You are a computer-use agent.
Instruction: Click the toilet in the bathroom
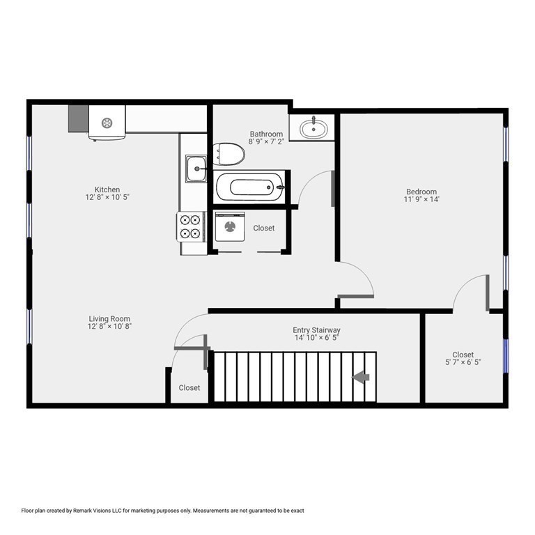pyautogui.click(x=230, y=154)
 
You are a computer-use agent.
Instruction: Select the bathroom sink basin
pyautogui.click(x=312, y=127)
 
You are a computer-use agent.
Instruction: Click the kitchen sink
pyautogui.click(x=196, y=169)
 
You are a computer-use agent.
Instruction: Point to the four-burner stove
pyautogui.click(x=191, y=226)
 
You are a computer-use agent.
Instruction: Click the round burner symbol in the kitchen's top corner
pyautogui.click(x=107, y=123)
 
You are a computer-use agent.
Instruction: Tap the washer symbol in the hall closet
pyautogui.click(x=228, y=227)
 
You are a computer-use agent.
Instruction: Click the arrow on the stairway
pyautogui.click(x=361, y=377)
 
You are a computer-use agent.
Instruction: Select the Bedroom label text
pyautogui.click(x=421, y=192)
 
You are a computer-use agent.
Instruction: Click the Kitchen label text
pyautogui.click(x=107, y=189)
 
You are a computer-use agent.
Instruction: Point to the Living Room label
pyautogui.click(x=109, y=319)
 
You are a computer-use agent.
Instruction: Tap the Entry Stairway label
pyautogui.click(x=316, y=330)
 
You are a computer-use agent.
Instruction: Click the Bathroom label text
pyautogui.click(x=266, y=134)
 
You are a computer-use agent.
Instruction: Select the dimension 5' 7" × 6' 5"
pyautogui.click(x=463, y=362)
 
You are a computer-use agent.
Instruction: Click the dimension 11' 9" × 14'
pyautogui.click(x=421, y=199)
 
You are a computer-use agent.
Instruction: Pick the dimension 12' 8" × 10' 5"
pyautogui.click(x=107, y=197)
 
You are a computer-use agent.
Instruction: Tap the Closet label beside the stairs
pyautogui.click(x=189, y=388)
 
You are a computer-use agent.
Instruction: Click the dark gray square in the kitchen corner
pyautogui.click(x=78, y=118)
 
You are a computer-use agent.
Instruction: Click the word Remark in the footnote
pyautogui.click(x=100, y=511)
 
